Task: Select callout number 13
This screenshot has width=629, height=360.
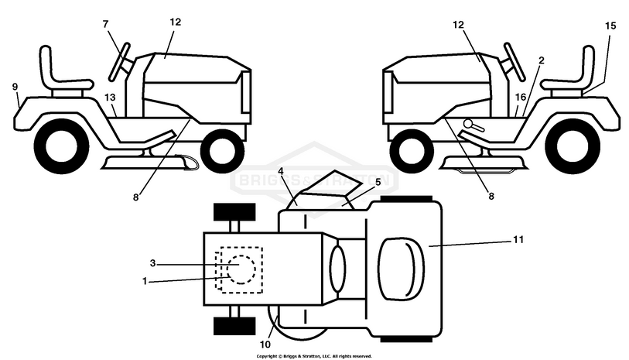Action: tap(110, 98)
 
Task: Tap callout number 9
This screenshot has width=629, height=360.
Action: tap(15, 87)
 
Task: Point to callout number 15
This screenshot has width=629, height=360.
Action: tap(610, 26)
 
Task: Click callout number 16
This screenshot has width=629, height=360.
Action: tap(521, 98)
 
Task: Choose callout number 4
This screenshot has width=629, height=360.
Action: tap(281, 170)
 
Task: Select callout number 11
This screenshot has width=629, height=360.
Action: tap(518, 239)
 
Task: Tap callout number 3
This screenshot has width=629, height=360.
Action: tap(153, 263)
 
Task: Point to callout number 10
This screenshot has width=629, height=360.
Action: tap(265, 343)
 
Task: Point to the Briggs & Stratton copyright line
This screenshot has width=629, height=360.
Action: tap(313, 356)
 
